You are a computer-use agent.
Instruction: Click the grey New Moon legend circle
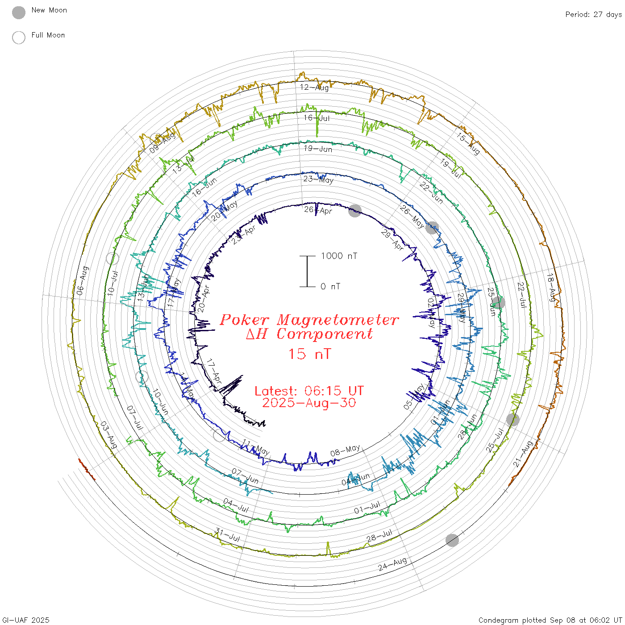pyautogui.click(x=19, y=12)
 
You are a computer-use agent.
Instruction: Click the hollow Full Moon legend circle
pyautogui.click(x=19, y=37)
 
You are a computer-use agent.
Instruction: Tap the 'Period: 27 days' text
pyautogui.click(x=593, y=14)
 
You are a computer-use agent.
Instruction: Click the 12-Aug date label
pyautogui.click(x=314, y=87)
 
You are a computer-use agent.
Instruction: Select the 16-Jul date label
pyautogui.click(x=317, y=118)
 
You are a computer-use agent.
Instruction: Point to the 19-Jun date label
pyautogui.click(x=318, y=149)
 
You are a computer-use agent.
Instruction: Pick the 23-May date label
pyautogui.click(x=318, y=179)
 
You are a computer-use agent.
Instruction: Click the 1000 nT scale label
pyautogui.click(x=339, y=256)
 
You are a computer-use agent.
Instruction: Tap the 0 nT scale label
pyautogui.click(x=330, y=287)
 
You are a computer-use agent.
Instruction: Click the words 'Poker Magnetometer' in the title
pyautogui.click(x=309, y=320)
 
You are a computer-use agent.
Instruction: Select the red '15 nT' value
pyautogui.click(x=309, y=354)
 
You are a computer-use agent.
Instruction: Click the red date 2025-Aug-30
pyautogui.click(x=309, y=403)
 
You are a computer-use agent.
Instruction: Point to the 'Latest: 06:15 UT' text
pyautogui.click(x=309, y=391)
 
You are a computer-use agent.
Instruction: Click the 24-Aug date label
pyautogui.click(x=392, y=564)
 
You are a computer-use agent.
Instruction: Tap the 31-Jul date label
pyautogui.click(x=228, y=534)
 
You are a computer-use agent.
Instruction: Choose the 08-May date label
pyautogui.click(x=345, y=450)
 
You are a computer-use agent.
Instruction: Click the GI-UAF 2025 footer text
pyautogui.click(x=26, y=620)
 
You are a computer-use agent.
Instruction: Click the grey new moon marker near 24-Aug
pyautogui.click(x=452, y=540)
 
